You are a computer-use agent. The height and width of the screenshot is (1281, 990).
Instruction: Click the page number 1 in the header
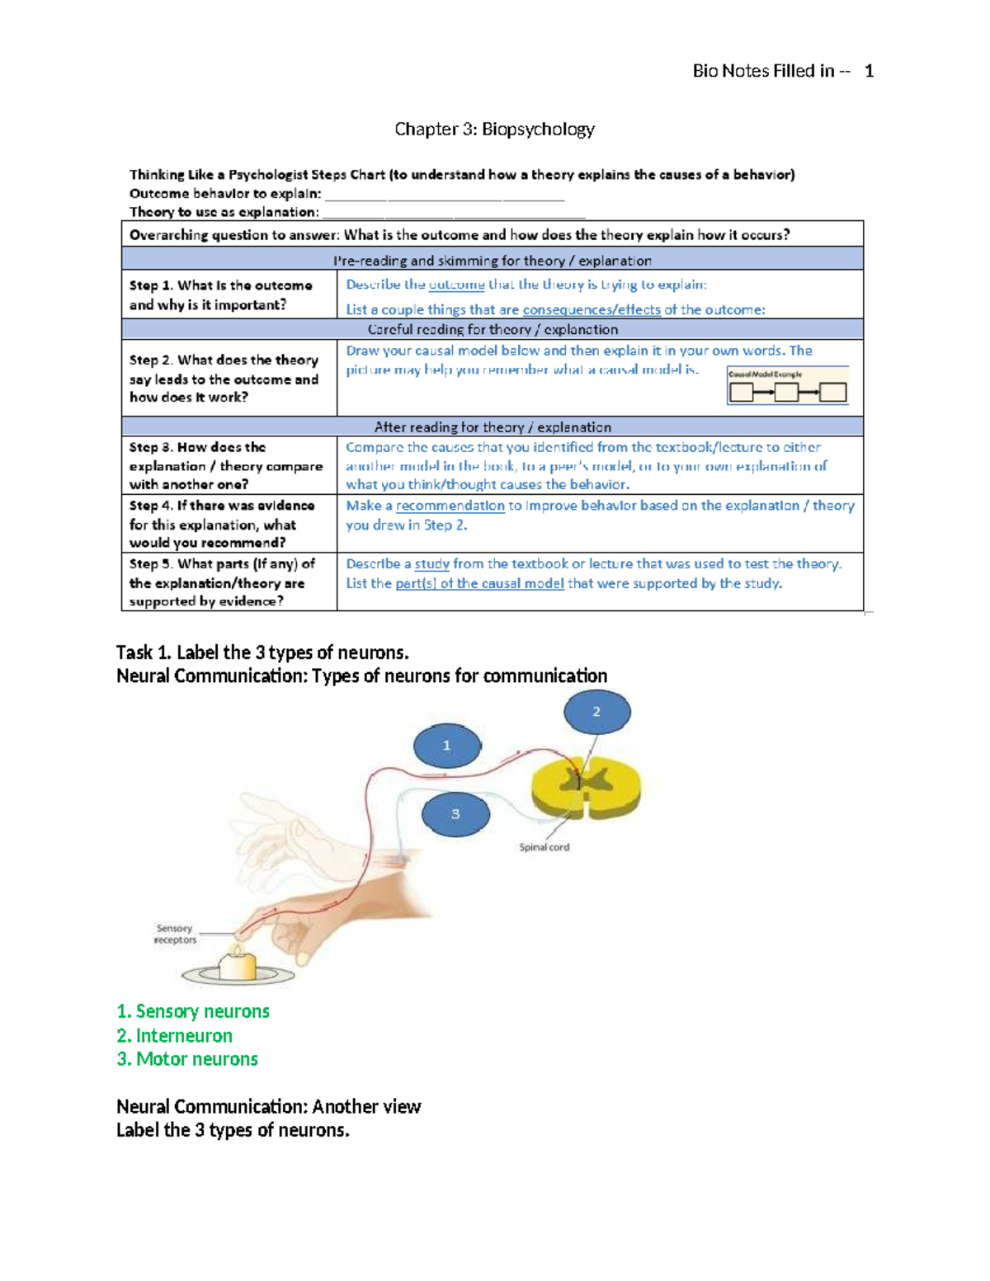pos(869,72)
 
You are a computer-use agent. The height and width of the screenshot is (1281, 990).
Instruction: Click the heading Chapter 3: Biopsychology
pos(494,130)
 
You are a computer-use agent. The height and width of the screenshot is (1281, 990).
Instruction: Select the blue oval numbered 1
pos(446,746)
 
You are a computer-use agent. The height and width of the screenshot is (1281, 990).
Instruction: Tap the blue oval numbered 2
pos(596,712)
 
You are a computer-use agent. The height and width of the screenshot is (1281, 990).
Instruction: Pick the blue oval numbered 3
pos(455,814)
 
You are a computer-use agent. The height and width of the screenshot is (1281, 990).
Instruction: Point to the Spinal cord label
pos(544,847)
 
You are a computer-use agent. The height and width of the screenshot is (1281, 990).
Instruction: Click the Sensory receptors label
pos(175,934)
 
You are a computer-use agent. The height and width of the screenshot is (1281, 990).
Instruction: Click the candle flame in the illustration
pos(238,950)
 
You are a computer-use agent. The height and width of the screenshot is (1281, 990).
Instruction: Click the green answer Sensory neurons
pos(193,1011)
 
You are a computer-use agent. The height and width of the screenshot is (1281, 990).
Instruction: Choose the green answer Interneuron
pos(174,1035)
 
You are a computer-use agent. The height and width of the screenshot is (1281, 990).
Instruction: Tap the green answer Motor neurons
pos(187,1059)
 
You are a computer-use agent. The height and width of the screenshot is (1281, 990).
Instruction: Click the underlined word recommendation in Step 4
pos(450,506)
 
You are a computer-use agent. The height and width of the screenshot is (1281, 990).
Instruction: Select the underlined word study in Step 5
pos(431,564)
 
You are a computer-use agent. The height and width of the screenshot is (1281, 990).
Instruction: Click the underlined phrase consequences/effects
pos(591,310)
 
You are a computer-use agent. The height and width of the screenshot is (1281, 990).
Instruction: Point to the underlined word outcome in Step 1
pos(456,285)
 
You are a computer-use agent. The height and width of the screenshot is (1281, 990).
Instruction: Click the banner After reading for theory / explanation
pos(493,427)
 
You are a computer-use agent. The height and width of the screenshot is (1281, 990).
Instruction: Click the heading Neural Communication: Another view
pos(268,1107)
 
